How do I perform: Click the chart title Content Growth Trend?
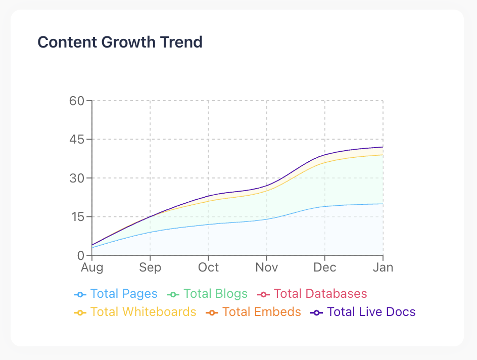[x=120, y=42]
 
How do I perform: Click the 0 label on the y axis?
[x=80, y=255]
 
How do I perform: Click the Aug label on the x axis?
[x=92, y=267]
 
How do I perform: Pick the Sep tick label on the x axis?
[x=150, y=267]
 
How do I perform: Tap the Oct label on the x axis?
[x=208, y=267]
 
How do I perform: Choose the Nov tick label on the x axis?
[x=266, y=267]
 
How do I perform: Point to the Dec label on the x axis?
[x=325, y=267]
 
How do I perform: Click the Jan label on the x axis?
[x=383, y=267]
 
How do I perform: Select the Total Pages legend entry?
[x=116, y=294]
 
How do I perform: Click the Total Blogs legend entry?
[x=207, y=294]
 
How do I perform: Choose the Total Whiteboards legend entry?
[x=135, y=312]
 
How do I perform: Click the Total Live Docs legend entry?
[x=363, y=312]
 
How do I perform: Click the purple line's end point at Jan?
[x=383, y=147]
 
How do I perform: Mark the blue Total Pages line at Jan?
[x=383, y=204]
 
